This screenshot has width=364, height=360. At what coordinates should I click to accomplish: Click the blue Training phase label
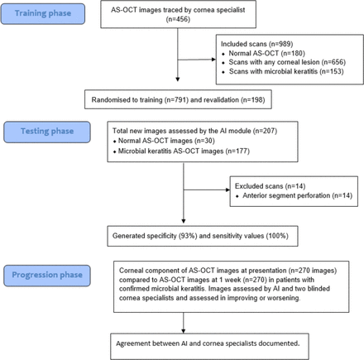(44, 15)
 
